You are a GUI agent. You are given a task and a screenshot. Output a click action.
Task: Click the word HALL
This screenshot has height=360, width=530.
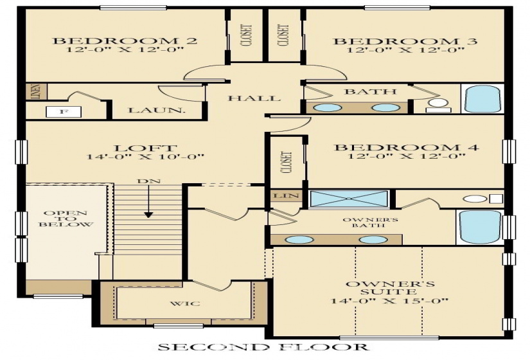click(254, 98)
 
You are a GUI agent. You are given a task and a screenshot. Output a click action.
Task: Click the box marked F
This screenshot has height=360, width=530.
click(62, 112)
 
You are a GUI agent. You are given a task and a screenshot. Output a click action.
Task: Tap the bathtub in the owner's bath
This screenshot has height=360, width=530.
click(479, 227)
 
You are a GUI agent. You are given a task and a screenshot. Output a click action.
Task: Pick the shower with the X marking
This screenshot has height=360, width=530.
click(351, 198)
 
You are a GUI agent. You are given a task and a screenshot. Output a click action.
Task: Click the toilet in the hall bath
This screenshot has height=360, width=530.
click(439, 104)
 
